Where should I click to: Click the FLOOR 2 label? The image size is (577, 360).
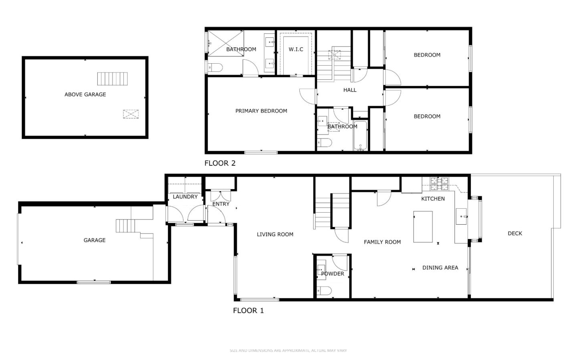point(220,163)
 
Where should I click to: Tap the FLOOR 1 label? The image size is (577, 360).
point(248,310)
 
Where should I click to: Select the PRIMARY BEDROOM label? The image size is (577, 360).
point(261,111)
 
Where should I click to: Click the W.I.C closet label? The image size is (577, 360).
point(296,49)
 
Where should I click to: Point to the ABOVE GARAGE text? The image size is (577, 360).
point(85,95)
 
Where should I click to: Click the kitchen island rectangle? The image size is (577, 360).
point(423,227)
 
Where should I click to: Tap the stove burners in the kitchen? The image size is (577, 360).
point(440,183)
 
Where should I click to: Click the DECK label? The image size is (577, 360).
point(515,233)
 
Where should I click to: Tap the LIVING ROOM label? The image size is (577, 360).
point(275,234)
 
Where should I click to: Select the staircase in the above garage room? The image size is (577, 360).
point(113,79)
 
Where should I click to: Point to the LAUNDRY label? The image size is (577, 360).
point(185,197)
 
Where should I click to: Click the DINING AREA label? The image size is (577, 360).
point(440,267)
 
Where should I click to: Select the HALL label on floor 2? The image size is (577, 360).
point(350,90)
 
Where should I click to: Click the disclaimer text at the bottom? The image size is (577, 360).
point(288,350)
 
